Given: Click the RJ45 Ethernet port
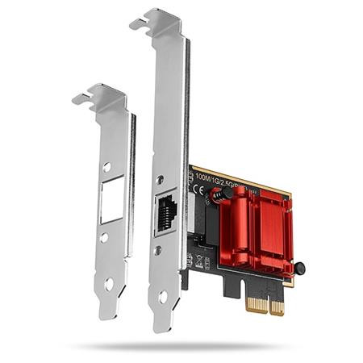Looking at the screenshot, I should coord(167,211).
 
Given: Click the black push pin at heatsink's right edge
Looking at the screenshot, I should coord(299,268).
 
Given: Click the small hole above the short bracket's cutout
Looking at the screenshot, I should coord(107,168).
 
